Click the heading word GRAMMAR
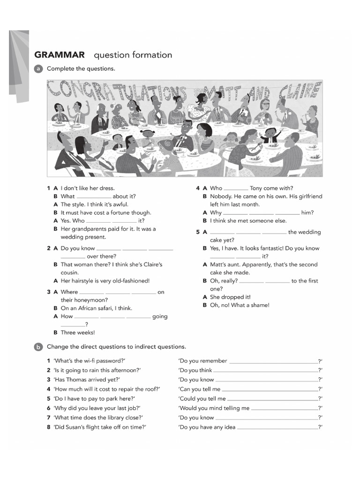tap(60, 55)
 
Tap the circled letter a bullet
tap(38, 69)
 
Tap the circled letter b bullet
tap(38, 347)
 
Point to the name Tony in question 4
tap(256, 188)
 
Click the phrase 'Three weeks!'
tap(78, 332)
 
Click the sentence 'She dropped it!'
tap(230, 297)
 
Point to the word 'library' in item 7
tap(115, 417)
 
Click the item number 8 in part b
tap(48, 427)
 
